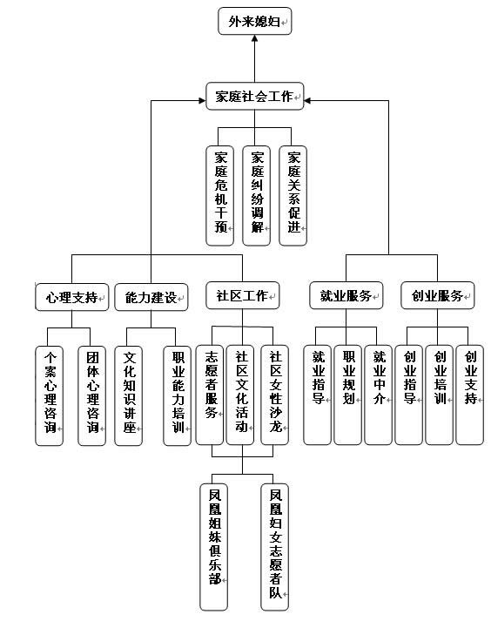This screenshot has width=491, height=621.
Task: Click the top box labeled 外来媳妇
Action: click(x=254, y=21)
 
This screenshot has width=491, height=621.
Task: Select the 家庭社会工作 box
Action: click(x=254, y=96)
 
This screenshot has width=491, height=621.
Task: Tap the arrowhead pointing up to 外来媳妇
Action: click(x=254, y=38)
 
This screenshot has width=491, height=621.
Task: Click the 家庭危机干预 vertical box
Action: click(x=219, y=196)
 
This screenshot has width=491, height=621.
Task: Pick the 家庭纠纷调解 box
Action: click(x=256, y=196)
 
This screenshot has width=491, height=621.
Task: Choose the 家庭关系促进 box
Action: click(x=293, y=196)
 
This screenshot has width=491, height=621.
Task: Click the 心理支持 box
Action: click(x=72, y=297)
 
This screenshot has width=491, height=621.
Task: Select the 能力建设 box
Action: click(x=151, y=297)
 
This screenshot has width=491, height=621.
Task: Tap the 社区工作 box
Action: click(x=243, y=295)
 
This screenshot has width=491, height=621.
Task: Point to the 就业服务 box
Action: click(x=346, y=295)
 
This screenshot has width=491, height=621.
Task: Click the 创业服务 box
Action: click(x=438, y=295)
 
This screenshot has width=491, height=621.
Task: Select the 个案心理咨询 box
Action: click(x=49, y=395)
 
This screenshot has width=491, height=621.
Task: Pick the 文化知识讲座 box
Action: click(x=128, y=395)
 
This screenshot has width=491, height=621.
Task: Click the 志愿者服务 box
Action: click(x=210, y=395)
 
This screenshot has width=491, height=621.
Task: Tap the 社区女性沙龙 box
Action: click(x=275, y=395)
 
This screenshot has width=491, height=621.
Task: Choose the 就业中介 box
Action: click(x=378, y=395)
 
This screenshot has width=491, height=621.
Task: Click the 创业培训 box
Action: click(x=439, y=395)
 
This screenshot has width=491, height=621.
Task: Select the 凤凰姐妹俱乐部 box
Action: click(x=214, y=547)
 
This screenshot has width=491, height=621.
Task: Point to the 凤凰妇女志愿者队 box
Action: click(x=275, y=547)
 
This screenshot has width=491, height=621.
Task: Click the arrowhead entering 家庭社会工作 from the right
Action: click(x=307, y=100)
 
